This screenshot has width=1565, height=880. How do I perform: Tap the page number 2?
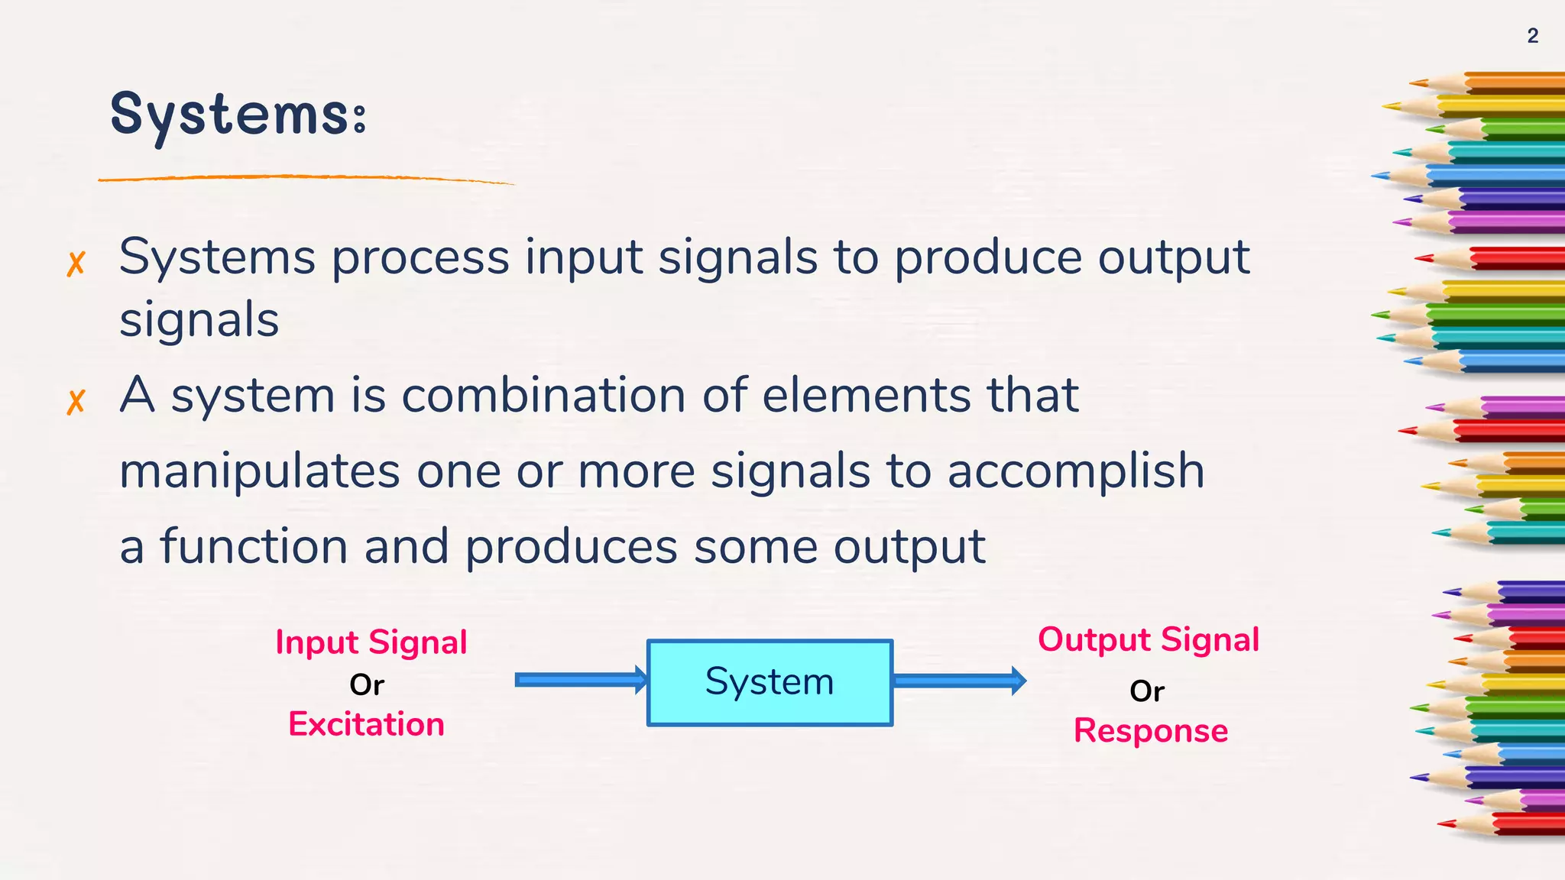click(1532, 36)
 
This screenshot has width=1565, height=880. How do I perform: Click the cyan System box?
click(770, 682)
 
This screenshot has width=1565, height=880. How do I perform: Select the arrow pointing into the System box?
click(581, 680)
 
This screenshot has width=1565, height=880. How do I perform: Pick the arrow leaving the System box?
click(959, 680)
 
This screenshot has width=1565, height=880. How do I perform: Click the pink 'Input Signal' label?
click(371, 642)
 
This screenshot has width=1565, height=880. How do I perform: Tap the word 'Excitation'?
click(366, 724)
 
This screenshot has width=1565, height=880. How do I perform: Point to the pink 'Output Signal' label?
click(1149, 640)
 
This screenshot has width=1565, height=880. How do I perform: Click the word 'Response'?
click(1151, 731)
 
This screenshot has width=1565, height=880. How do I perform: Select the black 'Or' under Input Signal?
click(367, 685)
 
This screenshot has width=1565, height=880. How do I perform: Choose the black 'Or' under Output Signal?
click(1147, 691)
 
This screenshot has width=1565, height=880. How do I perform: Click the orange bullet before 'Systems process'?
click(75, 264)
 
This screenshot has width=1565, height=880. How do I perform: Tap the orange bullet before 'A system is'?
click(75, 402)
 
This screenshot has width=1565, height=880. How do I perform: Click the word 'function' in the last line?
click(254, 547)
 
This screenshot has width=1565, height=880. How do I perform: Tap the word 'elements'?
click(866, 396)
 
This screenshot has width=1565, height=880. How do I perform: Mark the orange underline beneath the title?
click(306, 179)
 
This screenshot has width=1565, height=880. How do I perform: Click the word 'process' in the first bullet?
click(420, 258)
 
